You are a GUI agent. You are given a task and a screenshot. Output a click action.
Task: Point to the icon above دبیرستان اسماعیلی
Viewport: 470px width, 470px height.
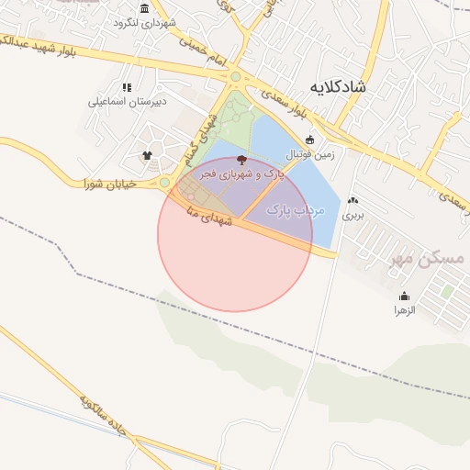click(127, 87)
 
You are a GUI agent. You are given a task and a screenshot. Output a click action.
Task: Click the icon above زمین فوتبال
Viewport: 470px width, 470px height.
click(310, 140)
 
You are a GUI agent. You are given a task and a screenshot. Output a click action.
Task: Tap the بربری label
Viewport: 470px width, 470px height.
click(353, 216)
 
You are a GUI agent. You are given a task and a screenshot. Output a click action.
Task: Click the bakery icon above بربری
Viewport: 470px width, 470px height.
click(353, 201)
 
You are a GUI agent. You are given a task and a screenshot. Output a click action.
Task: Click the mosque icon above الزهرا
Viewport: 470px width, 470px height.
click(405, 297)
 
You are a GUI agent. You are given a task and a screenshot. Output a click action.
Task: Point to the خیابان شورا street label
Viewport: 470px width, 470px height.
click(109, 184)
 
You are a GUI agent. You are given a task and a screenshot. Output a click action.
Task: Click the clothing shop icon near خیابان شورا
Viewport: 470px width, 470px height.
click(148, 154)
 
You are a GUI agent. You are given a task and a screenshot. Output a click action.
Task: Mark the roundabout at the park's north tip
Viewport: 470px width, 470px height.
click(236, 77)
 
